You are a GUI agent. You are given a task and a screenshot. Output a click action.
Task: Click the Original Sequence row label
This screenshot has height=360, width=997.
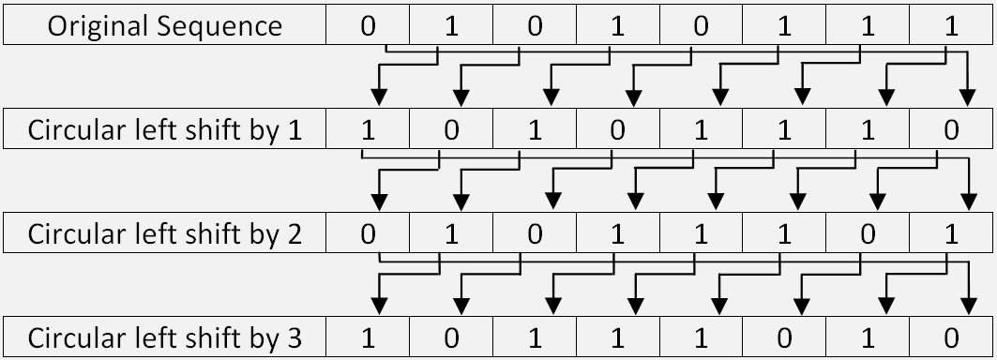coord(165,25)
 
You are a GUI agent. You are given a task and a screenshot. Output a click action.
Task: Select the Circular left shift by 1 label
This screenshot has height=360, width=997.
coord(165,129)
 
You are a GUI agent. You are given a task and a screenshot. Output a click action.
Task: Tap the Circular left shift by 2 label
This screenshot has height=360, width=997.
coord(165,233)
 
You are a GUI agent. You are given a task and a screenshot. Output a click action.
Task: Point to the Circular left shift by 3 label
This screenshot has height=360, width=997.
coord(165,337)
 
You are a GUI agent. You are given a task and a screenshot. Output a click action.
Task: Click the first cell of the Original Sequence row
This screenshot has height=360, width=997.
coord(368,25)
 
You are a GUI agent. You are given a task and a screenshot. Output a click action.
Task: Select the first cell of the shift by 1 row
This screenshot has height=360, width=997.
coord(368,129)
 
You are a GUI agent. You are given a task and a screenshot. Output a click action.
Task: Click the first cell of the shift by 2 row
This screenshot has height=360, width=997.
coord(368,233)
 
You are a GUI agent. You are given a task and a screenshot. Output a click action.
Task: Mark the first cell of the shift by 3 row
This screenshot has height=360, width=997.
coord(368,337)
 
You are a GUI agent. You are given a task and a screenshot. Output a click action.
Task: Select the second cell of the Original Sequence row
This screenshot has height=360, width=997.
coord(451,25)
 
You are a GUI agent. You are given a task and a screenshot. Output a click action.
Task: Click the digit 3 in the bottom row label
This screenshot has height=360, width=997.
coord(294,337)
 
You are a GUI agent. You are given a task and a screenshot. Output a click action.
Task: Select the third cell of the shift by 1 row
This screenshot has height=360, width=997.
coord(535,129)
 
